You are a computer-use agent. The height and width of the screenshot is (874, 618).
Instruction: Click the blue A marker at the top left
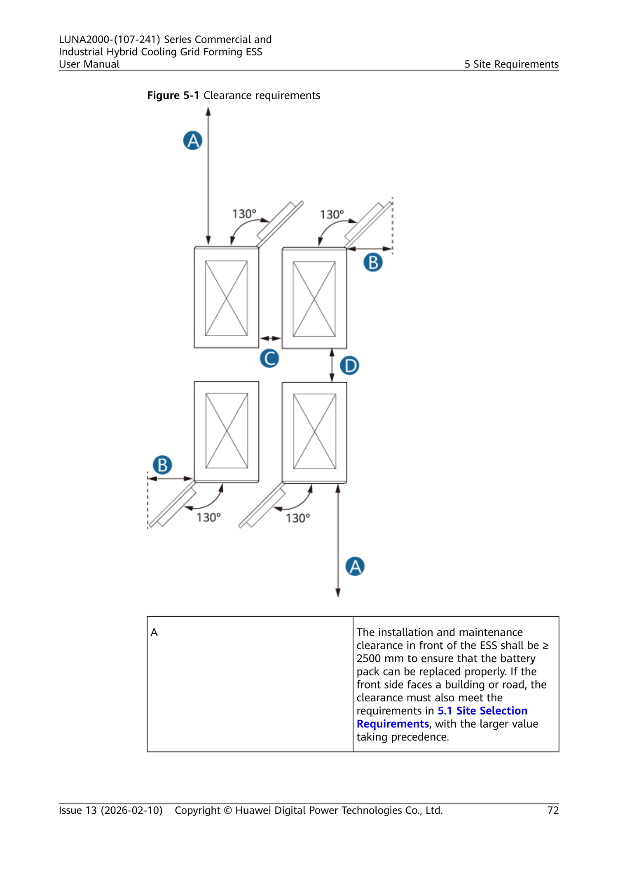click(x=193, y=141)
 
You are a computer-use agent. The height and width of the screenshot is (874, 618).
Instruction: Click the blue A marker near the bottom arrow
click(x=355, y=566)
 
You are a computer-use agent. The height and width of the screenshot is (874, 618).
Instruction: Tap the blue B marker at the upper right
click(x=373, y=262)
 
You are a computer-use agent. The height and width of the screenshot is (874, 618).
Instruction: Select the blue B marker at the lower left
click(x=162, y=465)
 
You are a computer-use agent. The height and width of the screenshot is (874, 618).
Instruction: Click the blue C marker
click(x=269, y=358)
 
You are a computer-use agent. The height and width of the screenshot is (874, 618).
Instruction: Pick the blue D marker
click(x=350, y=366)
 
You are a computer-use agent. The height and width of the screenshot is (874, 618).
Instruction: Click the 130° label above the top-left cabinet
click(x=244, y=214)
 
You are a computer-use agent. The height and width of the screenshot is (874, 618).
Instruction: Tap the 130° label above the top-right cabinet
click(x=332, y=214)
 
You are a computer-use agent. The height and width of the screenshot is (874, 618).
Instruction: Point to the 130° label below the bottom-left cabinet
click(x=208, y=517)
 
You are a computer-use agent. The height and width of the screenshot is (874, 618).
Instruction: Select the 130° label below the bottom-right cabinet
click(x=298, y=518)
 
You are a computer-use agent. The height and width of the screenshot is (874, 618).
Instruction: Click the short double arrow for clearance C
click(x=270, y=338)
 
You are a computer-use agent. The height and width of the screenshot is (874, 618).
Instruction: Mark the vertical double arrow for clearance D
click(x=332, y=366)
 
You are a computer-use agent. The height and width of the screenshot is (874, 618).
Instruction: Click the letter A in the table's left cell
click(x=154, y=633)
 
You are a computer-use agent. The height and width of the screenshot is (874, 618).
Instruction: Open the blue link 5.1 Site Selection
click(x=482, y=711)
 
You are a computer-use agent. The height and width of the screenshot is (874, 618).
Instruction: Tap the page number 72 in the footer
click(x=553, y=811)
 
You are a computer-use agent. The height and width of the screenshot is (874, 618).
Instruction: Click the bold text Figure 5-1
click(x=173, y=96)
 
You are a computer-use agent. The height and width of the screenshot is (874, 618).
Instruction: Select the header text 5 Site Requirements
click(x=512, y=64)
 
